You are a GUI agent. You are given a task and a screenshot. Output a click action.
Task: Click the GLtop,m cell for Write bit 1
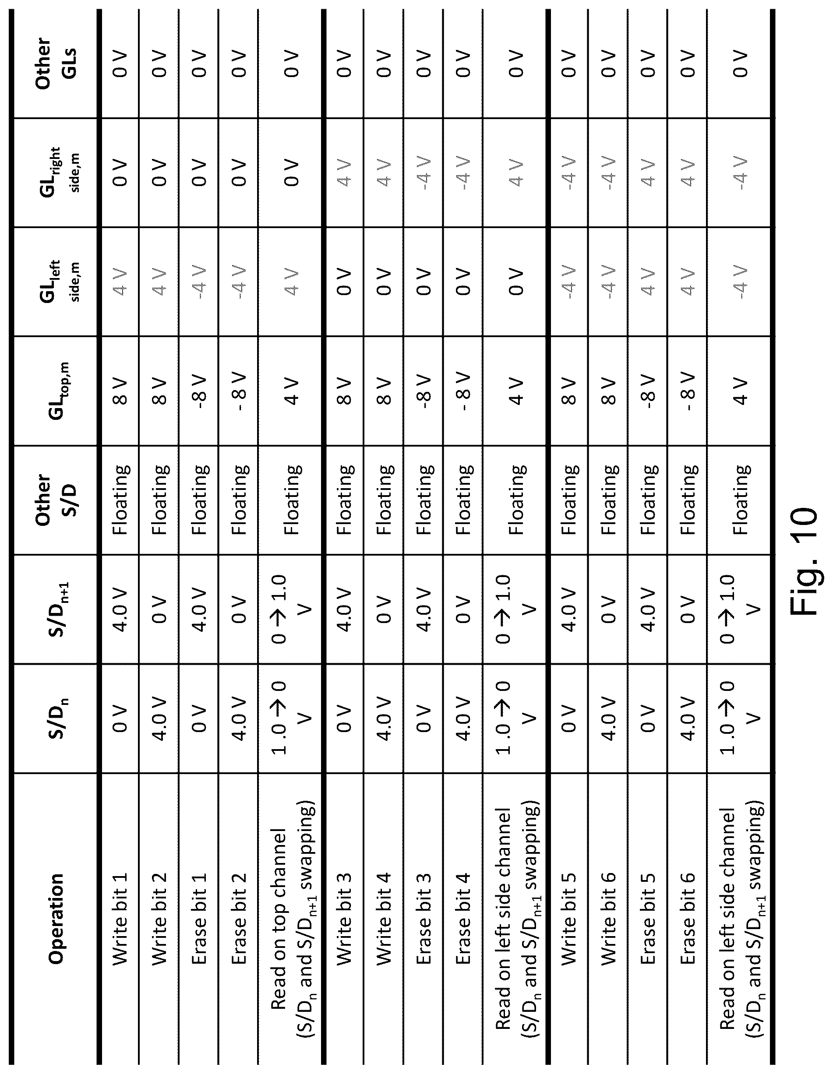point(120,391)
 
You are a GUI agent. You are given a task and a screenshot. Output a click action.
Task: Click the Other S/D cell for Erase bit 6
point(687,500)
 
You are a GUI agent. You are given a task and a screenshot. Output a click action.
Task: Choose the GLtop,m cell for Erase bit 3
point(424,391)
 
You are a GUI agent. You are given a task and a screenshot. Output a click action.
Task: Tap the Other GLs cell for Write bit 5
point(568,64)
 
